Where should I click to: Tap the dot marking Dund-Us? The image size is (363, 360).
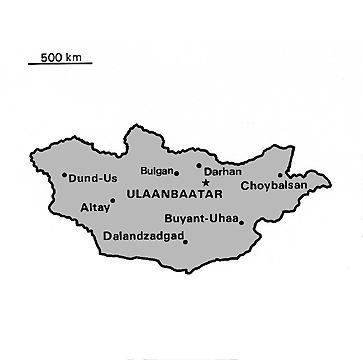(x=64, y=176)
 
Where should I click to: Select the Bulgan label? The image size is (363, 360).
(x=157, y=171)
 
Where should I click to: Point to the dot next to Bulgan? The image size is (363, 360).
(x=177, y=172)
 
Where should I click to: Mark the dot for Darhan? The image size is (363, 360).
(x=198, y=166)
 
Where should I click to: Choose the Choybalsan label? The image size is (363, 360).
(x=274, y=185)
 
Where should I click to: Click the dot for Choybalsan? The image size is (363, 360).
(x=281, y=176)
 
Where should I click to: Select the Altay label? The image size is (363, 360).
(x=93, y=209)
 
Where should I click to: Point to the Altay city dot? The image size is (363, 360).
(x=113, y=200)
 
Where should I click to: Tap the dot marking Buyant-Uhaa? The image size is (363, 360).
(x=241, y=222)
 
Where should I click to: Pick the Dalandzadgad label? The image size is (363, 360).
(x=144, y=237)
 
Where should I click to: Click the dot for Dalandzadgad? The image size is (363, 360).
(x=185, y=241)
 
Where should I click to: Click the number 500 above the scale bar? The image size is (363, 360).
(x=52, y=55)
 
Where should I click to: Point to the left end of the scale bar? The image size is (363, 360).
(x=28, y=64)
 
